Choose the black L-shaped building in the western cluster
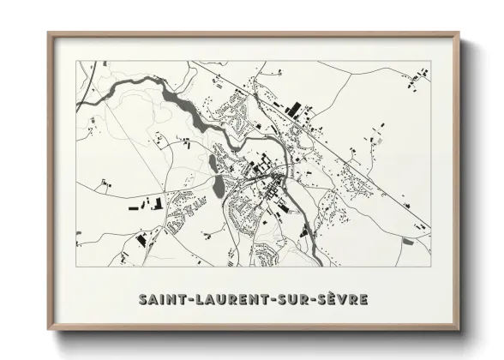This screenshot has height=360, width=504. (x=157, y=204)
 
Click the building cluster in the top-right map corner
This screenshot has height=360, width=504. (x=417, y=79)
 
